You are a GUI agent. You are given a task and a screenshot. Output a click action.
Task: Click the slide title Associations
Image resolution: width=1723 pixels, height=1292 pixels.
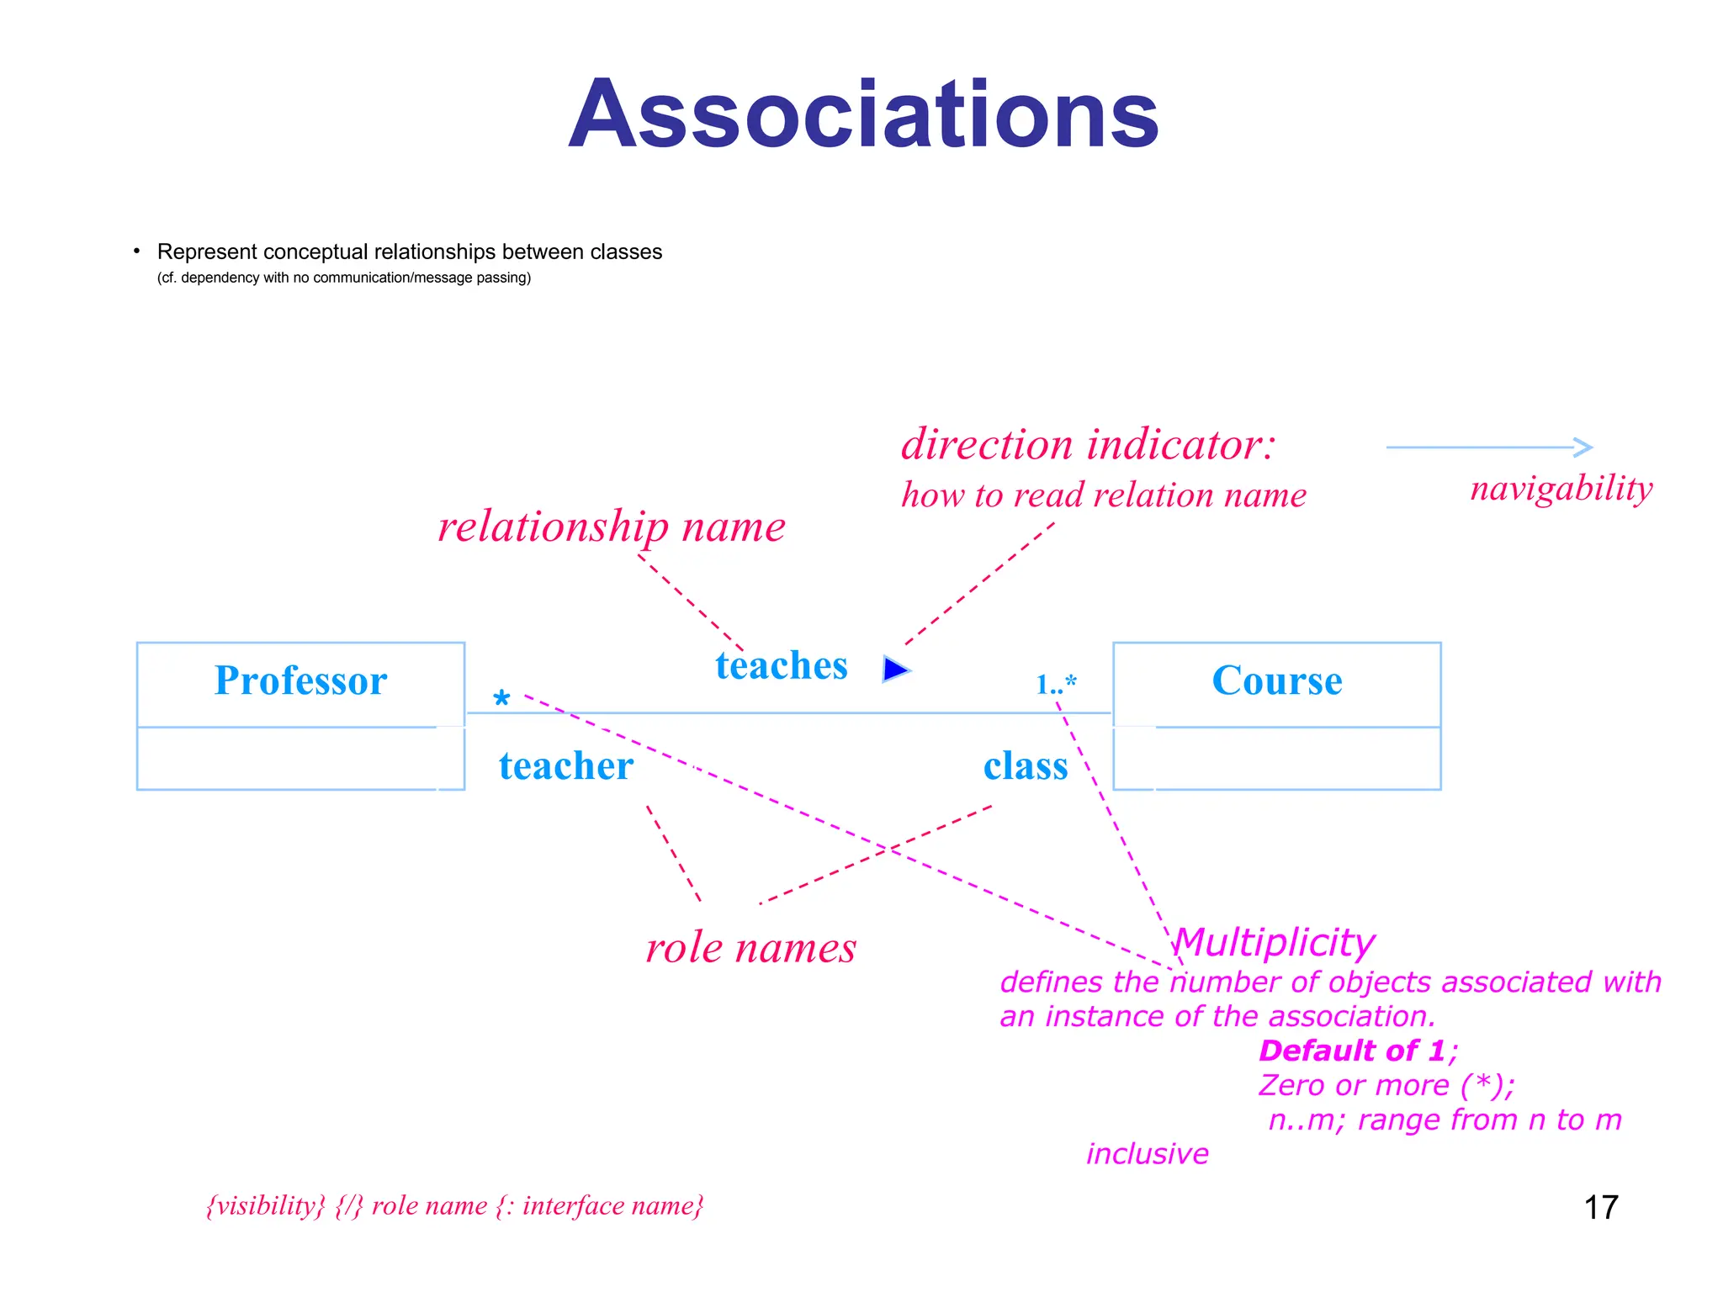pyautogui.click(x=863, y=114)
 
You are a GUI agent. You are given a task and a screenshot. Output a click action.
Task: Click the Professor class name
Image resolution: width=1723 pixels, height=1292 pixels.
pyautogui.click(x=300, y=680)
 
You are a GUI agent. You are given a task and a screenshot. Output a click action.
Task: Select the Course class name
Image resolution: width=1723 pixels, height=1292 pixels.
pyautogui.click(x=1276, y=680)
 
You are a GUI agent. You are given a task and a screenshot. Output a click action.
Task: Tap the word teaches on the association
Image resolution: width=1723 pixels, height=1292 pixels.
pyautogui.click(x=782, y=665)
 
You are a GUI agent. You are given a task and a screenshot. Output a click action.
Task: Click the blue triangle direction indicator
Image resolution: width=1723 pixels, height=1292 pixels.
pyautogui.click(x=895, y=670)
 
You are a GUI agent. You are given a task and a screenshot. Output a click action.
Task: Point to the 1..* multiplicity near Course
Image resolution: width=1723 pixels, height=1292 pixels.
pyautogui.click(x=1056, y=685)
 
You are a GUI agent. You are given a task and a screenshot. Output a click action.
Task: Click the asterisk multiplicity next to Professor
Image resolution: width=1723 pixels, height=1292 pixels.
pyautogui.click(x=501, y=699)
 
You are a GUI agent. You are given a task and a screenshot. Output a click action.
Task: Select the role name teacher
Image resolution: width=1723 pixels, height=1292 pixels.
pyautogui.click(x=565, y=766)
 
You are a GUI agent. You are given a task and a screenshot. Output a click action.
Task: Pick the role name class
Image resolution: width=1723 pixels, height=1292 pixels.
pyautogui.click(x=1026, y=766)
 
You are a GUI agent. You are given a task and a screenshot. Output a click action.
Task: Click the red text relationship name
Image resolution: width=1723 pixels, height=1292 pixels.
pyautogui.click(x=612, y=527)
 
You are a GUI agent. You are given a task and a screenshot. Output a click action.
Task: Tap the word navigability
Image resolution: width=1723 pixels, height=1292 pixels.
pyautogui.click(x=1561, y=489)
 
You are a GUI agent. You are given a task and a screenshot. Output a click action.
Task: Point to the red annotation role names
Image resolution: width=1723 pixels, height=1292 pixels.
pyautogui.click(x=750, y=948)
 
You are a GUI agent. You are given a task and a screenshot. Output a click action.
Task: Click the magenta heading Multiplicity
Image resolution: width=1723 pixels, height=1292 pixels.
pyautogui.click(x=1275, y=942)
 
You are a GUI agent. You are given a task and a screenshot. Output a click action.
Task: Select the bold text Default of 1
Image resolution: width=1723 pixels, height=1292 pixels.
pyautogui.click(x=1352, y=1051)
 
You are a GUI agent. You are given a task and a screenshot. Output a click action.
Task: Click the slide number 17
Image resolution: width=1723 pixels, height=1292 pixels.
pyautogui.click(x=1600, y=1208)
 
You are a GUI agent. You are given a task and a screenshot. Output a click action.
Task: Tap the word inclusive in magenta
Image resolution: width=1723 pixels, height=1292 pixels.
pyautogui.click(x=1147, y=1154)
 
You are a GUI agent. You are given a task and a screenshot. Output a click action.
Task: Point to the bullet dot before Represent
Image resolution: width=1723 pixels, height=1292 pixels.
pyautogui.click(x=136, y=252)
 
